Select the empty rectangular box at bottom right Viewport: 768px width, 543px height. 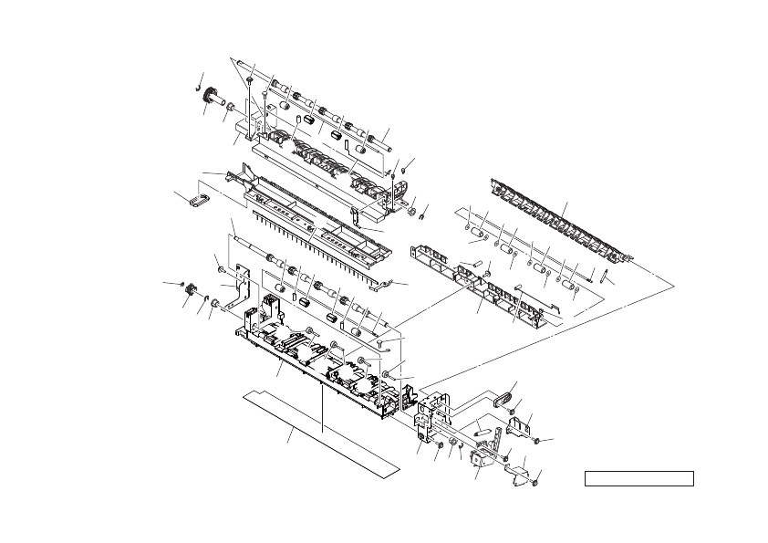click(638, 478)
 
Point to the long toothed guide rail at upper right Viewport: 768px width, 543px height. click(556, 219)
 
